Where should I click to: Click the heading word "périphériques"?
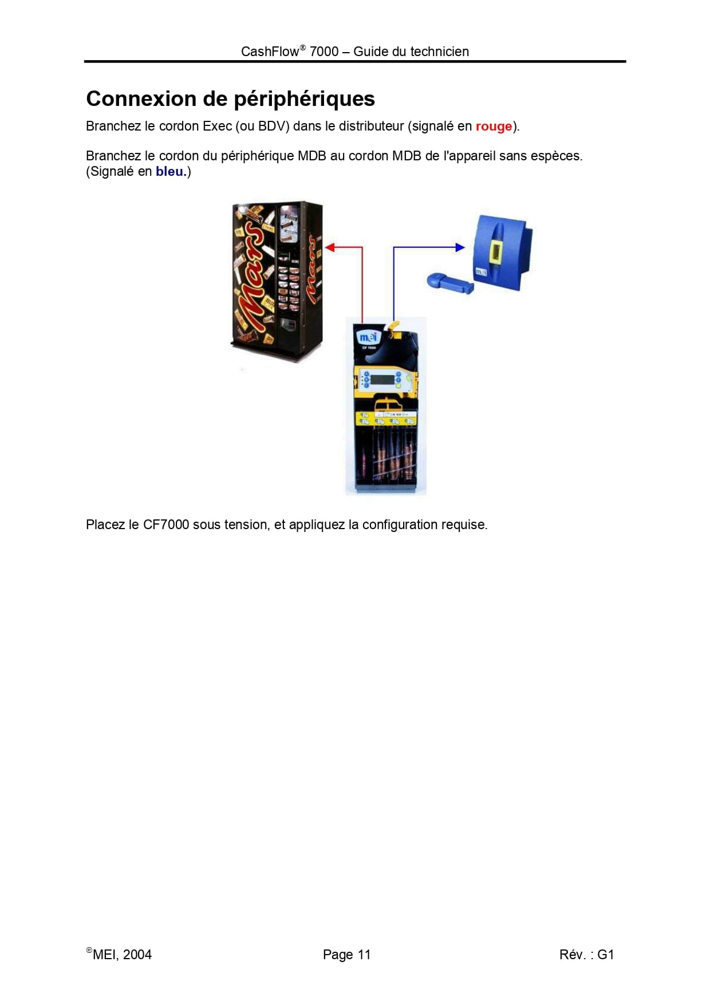coord(305,100)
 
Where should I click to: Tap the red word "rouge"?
coord(494,127)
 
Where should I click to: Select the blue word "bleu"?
coord(169,171)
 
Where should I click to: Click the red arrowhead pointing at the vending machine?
coord(330,247)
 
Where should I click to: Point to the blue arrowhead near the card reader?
coord(460,247)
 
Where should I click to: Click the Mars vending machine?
coord(277,281)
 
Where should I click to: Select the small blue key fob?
coord(450,282)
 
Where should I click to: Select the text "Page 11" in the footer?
coord(347,955)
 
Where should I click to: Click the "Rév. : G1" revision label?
coord(586,955)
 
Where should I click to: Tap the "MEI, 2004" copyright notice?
coord(119,954)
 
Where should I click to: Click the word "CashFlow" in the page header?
coord(270,52)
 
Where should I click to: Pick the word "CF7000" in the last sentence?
coord(166,525)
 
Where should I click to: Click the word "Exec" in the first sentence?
coord(218,126)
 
